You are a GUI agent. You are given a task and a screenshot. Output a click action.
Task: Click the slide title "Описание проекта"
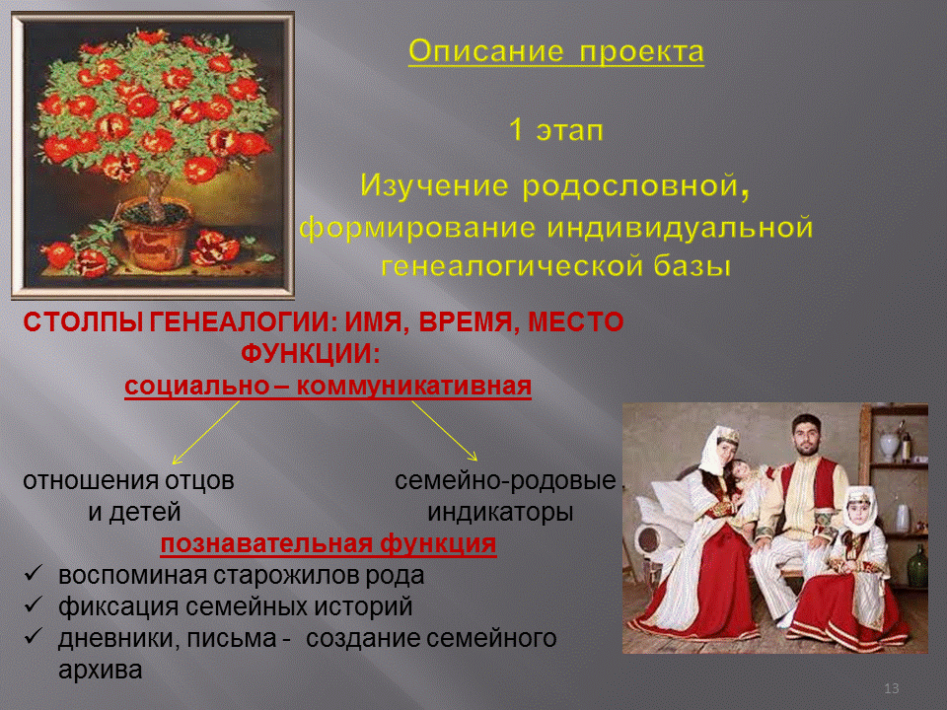point(556,52)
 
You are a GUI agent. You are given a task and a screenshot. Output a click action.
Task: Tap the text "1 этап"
point(556,130)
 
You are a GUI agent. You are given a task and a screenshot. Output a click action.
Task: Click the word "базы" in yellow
point(692,265)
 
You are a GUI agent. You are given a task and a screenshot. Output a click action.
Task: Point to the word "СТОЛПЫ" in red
point(83,321)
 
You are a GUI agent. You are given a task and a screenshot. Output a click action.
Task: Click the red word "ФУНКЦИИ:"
point(311,353)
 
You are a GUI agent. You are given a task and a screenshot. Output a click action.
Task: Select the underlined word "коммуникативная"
point(413,386)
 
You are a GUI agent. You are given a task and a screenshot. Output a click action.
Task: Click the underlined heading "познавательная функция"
point(328,543)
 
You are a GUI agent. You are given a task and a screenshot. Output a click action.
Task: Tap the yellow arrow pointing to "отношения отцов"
point(205,433)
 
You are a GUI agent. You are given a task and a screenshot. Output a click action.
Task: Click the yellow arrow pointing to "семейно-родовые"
point(445,431)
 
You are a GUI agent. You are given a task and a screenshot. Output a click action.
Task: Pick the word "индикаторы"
point(500,512)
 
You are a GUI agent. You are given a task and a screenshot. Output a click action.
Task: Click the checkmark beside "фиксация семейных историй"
point(34,604)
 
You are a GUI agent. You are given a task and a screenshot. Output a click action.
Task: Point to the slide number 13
point(891,688)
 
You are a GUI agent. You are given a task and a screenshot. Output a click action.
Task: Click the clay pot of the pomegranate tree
point(155,237)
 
